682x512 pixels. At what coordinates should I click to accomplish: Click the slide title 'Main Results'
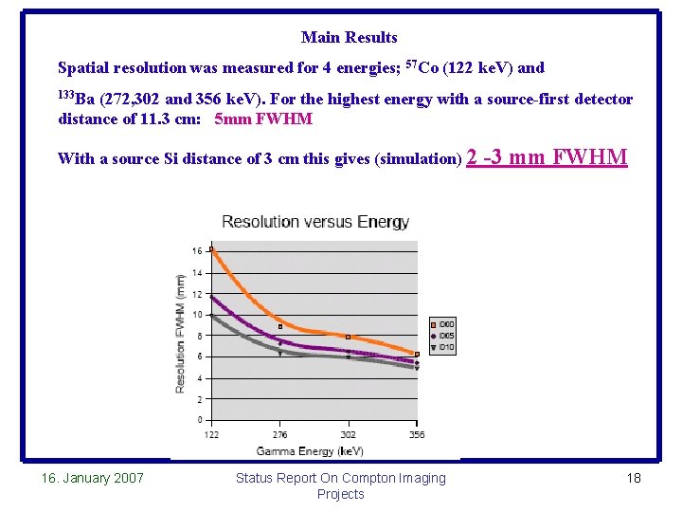click(x=349, y=37)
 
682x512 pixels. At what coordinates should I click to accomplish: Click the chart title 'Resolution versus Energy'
click(x=315, y=222)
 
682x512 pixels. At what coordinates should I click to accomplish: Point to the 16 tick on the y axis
click(x=197, y=251)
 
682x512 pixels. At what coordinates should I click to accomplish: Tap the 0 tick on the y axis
click(x=199, y=420)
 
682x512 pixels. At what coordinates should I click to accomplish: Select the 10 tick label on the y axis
click(x=196, y=315)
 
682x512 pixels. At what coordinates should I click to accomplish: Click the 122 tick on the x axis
click(x=210, y=435)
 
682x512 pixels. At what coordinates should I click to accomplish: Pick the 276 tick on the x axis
click(x=279, y=435)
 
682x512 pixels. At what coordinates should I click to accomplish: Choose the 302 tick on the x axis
click(x=348, y=435)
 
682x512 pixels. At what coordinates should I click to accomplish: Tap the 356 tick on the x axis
click(x=416, y=435)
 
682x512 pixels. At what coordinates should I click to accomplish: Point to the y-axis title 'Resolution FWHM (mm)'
click(x=180, y=334)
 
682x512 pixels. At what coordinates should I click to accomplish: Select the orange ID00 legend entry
click(x=443, y=324)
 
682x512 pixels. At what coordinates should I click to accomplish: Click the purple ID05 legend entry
click(x=443, y=336)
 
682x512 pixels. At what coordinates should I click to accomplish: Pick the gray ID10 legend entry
click(x=443, y=347)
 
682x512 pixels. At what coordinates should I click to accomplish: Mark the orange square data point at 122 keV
click(x=211, y=249)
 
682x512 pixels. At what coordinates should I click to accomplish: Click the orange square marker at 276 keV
click(x=279, y=326)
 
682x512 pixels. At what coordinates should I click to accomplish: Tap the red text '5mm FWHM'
click(x=263, y=119)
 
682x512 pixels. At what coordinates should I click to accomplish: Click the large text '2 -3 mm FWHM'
click(x=547, y=156)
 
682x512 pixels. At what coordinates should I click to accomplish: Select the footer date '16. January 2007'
click(x=93, y=478)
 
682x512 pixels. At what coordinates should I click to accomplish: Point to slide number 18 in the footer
click(x=634, y=478)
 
